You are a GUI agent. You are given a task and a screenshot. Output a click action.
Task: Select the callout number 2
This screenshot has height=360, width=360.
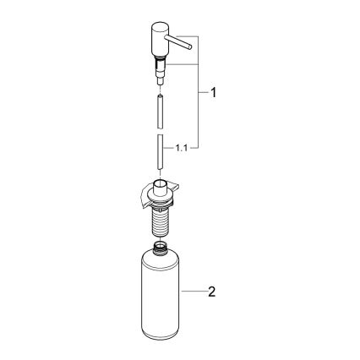(213, 292)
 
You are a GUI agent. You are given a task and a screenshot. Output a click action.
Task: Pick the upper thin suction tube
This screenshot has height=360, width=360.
(159, 111)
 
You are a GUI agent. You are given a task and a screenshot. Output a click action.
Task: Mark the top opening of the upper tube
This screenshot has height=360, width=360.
(159, 95)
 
